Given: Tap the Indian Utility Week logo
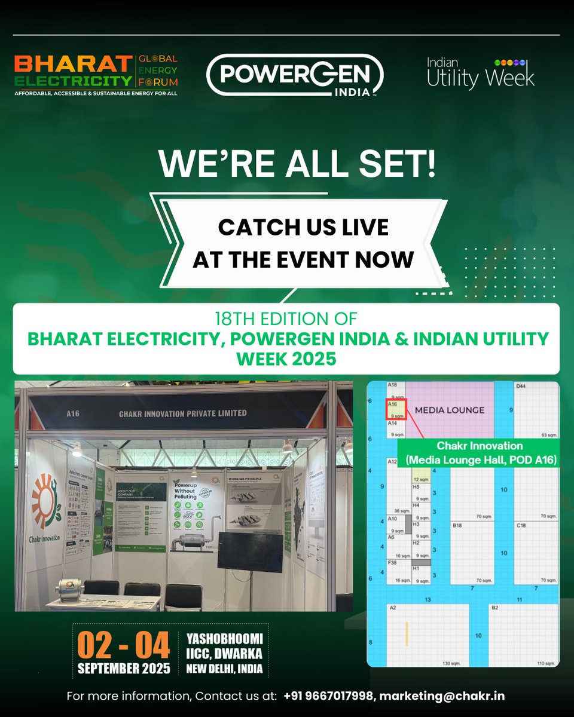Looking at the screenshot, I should pos(481,73).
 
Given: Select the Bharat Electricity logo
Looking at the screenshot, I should pos(96,75).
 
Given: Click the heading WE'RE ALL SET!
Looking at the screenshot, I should pos(296,163).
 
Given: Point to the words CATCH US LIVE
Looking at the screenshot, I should pos(303,227).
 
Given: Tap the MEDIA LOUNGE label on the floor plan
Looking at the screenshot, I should pos(449,410).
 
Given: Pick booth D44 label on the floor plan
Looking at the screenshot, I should pos(521,387).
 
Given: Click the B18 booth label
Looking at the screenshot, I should pos(457,525).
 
